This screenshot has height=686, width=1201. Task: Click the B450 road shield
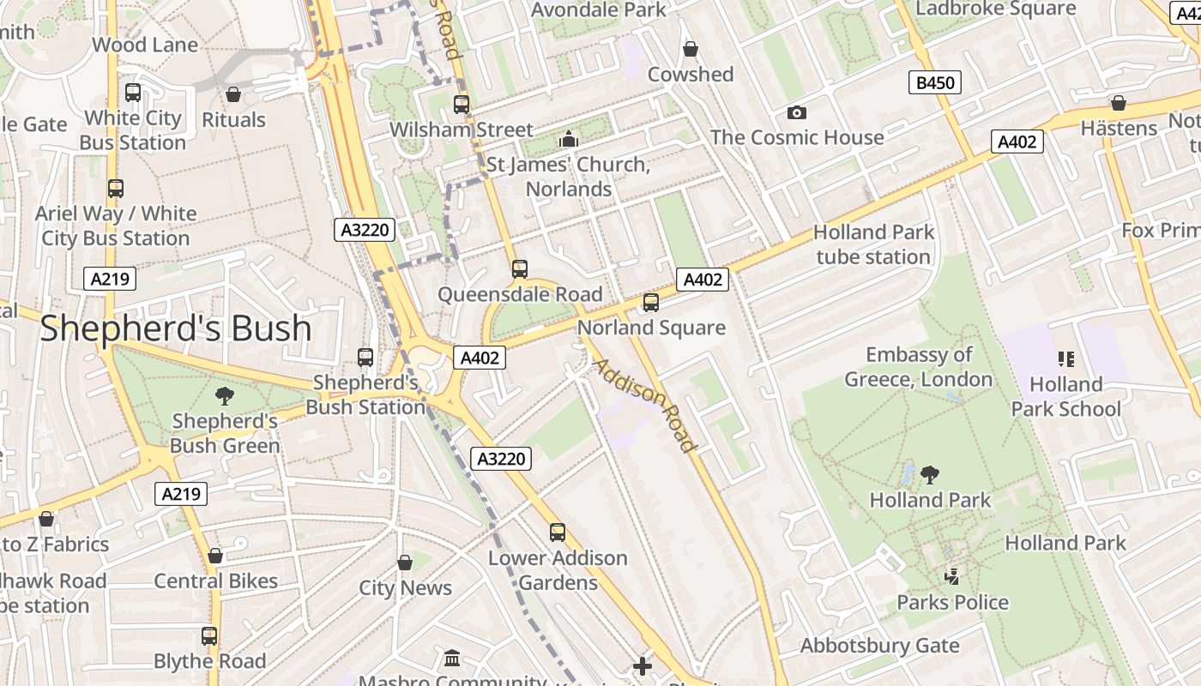[x=934, y=83]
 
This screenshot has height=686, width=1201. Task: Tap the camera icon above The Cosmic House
[x=797, y=113]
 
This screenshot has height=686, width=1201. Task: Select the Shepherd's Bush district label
[x=176, y=328]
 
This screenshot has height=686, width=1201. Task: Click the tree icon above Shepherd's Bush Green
[x=224, y=396]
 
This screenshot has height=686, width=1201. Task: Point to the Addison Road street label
[x=644, y=405]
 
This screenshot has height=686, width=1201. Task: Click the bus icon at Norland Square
[x=651, y=303]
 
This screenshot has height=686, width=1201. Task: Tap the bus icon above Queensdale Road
[x=519, y=269]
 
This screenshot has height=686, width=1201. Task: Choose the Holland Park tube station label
[x=873, y=244]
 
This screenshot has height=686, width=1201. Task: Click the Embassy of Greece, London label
[x=919, y=367]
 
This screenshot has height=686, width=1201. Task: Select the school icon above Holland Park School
[x=1066, y=359]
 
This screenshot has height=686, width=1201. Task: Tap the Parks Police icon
[x=951, y=577]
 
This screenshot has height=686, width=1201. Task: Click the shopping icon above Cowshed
[x=690, y=50]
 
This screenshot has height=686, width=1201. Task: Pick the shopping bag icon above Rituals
[x=233, y=94]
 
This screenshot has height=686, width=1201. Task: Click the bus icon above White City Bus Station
[x=133, y=93]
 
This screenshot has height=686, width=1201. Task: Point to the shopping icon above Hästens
[x=1118, y=104]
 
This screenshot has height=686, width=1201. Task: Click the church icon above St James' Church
[x=568, y=139]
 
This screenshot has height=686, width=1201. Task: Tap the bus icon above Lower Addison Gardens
[x=558, y=533]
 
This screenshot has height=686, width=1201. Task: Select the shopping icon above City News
[x=405, y=563]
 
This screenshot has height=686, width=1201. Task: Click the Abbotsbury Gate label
[x=880, y=646]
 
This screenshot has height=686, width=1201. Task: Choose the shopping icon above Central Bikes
[x=215, y=556]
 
